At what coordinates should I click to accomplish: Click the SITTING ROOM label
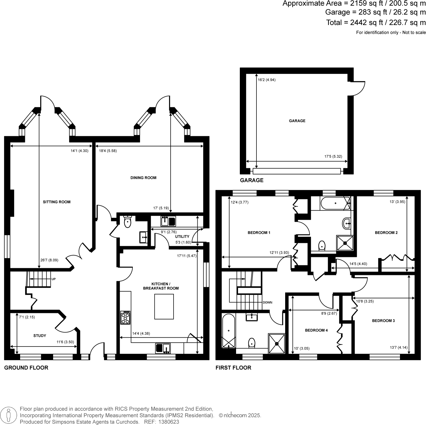57,202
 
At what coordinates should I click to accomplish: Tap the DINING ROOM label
143,178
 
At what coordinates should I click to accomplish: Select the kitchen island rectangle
164,307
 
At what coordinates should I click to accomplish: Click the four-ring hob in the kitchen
125,318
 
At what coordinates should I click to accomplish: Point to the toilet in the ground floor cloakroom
128,222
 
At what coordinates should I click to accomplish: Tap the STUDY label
40,336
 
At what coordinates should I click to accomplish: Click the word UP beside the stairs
53,279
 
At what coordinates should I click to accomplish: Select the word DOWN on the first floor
267,302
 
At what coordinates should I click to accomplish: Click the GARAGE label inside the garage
297,121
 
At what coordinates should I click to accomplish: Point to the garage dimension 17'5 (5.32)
333,156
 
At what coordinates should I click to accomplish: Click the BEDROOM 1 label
259,233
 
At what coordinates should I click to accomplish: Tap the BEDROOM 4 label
316,330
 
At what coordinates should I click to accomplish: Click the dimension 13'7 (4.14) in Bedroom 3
399,347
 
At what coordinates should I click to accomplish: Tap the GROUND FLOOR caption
26,368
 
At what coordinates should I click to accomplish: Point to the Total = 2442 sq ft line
376,23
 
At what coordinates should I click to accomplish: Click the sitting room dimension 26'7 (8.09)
49,260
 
